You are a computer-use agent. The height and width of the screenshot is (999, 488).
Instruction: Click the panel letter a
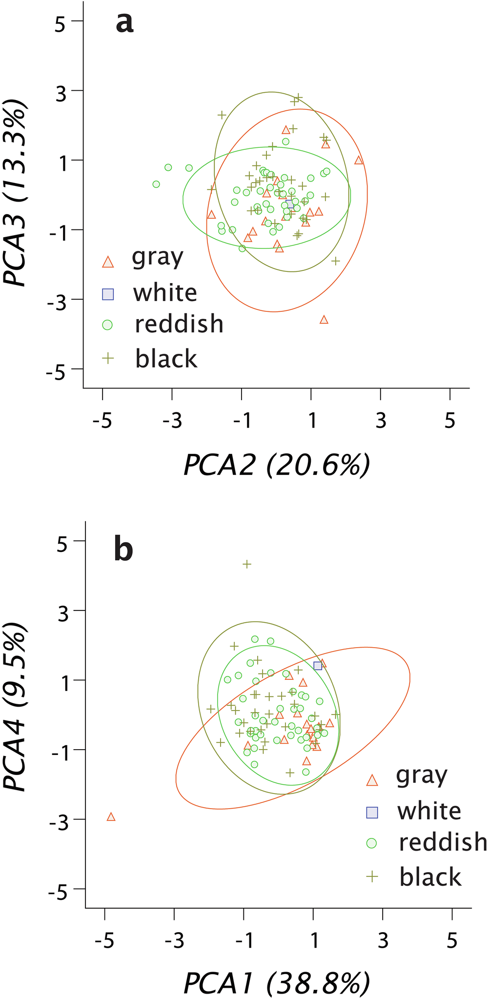coord(124,23)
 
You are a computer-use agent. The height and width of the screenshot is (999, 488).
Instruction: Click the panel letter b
coord(123,550)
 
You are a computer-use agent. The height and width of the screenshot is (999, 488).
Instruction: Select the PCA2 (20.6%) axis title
coord(277,465)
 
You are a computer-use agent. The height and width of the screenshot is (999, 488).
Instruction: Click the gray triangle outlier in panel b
coord(111,817)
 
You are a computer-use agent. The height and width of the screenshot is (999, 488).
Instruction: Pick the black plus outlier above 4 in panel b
coord(247,564)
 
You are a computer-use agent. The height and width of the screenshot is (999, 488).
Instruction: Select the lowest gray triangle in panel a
coord(324,320)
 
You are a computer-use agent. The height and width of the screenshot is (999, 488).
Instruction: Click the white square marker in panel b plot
coord(318,666)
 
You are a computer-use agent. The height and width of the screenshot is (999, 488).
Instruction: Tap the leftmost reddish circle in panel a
coord(156,184)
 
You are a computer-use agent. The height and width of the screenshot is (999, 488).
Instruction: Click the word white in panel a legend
coord(165,293)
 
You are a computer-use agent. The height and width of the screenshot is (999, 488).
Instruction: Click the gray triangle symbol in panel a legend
coord(108,262)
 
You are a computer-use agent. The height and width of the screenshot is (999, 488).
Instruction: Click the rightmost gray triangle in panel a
coord(359,160)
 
